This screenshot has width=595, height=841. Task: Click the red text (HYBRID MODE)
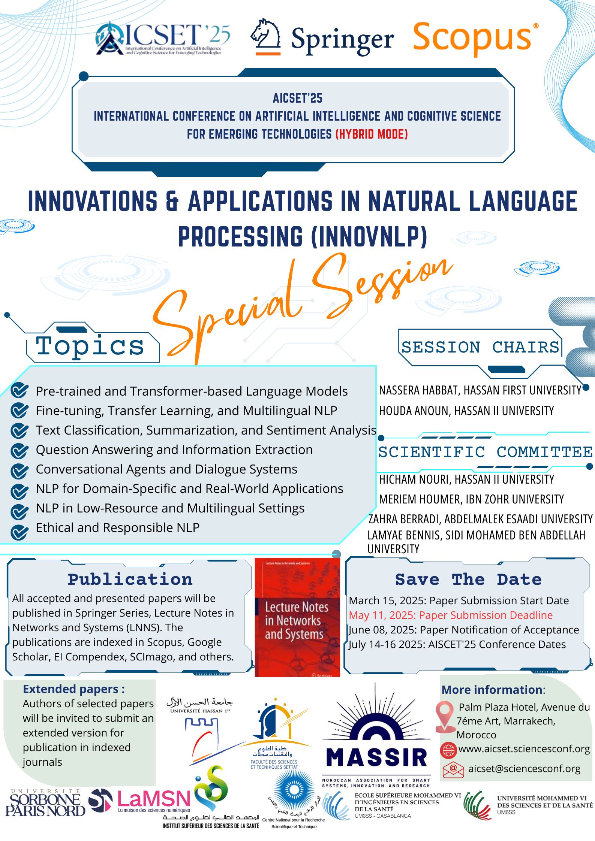[371, 134]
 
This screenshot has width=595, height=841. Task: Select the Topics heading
[90, 346]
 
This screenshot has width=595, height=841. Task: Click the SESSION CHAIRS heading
[480, 347]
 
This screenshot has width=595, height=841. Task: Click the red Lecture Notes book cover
[297, 618]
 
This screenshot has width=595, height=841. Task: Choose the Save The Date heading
[468, 580]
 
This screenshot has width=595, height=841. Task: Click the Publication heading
[130, 580]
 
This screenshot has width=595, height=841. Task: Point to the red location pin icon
[445, 716]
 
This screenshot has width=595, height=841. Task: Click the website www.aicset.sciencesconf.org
[524, 749]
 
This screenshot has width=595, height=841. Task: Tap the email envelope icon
[453, 769]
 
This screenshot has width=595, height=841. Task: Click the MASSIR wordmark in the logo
[376, 757]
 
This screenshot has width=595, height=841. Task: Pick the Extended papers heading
[74, 689]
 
